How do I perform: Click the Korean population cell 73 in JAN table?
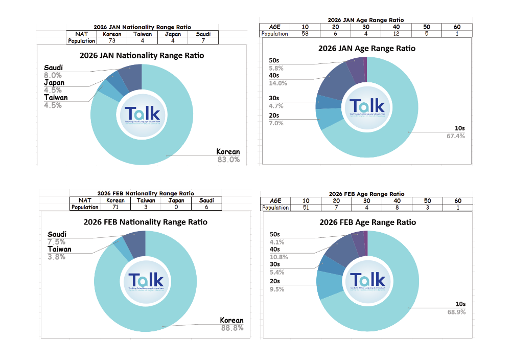coord(112,41)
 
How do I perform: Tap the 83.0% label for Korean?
coord(228,160)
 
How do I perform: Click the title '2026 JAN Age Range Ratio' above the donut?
coord(366,49)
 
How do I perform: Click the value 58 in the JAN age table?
coord(305,34)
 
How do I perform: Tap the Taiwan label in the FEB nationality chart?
coord(59,249)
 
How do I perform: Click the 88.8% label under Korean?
coord(231,328)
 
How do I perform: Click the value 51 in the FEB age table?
coord(305,208)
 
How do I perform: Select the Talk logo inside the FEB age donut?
coord(367,281)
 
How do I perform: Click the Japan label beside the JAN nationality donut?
coord(54,83)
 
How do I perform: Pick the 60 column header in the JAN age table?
coord(457,27)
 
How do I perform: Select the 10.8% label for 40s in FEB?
coord(278,257)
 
